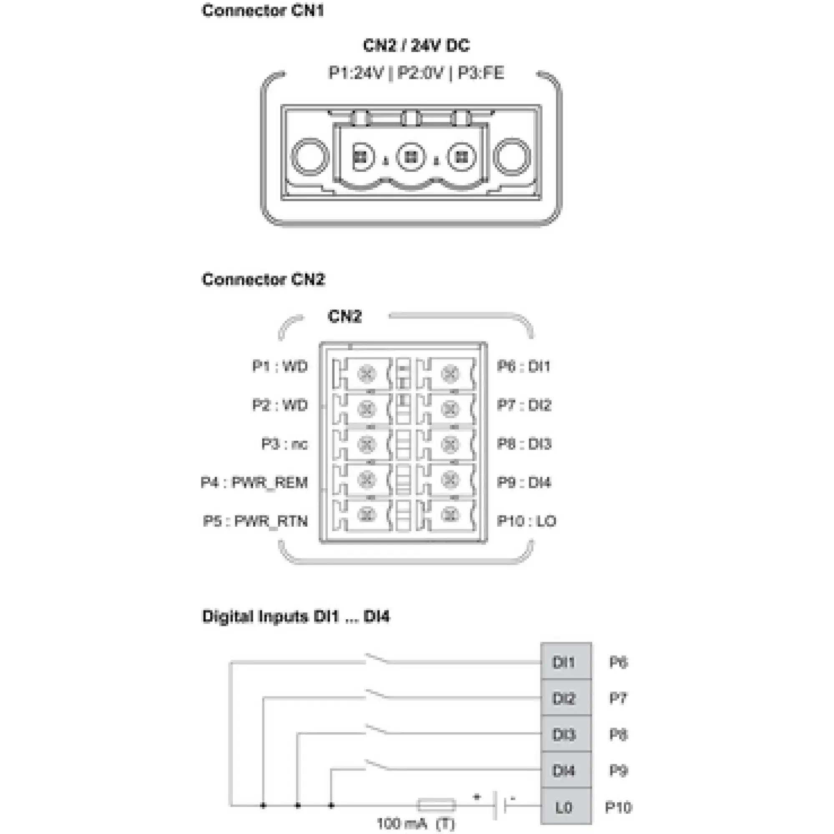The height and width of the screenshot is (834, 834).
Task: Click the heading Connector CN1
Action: point(262,10)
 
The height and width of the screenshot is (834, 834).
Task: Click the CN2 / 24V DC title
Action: point(416,45)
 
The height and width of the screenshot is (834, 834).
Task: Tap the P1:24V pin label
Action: point(356,73)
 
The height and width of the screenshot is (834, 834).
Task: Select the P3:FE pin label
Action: point(480,73)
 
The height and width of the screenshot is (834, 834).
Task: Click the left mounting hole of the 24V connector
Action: point(309,156)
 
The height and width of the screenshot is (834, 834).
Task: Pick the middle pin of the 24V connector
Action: point(411,156)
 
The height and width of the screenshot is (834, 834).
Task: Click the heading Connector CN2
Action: point(263,279)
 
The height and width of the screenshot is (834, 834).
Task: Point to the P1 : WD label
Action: point(280,367)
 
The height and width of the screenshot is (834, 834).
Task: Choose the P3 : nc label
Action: point(284,444)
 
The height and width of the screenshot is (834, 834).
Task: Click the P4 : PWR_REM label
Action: point(254,482)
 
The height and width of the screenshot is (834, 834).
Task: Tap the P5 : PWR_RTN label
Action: point(255,521)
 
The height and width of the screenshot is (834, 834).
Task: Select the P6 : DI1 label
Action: point(524,367)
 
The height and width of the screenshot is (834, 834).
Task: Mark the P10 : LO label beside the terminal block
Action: point(527,521)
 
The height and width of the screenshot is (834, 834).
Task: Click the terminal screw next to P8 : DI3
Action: point(450,444)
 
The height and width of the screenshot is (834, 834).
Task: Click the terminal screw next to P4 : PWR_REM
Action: point(367,479)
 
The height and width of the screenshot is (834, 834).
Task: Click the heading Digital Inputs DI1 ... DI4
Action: point(296,616)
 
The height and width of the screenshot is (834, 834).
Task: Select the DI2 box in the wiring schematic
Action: point(565,698)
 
